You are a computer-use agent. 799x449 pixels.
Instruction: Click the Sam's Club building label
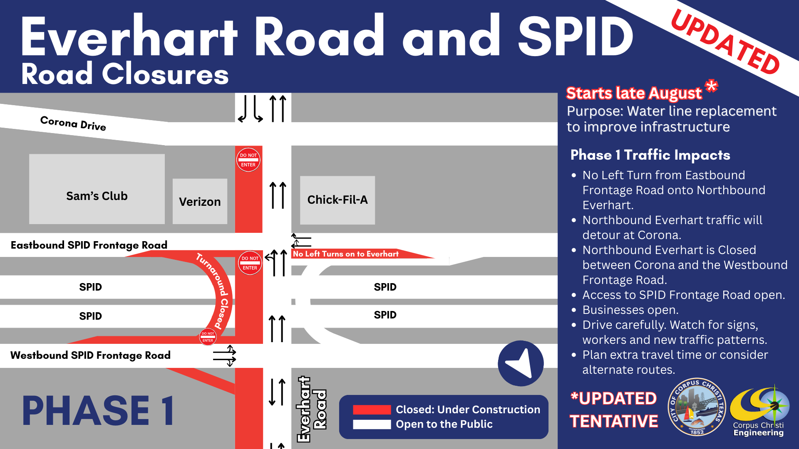pos(97,196)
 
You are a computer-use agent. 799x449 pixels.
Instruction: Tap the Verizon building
pos(200,202)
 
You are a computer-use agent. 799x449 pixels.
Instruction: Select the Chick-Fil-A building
pos(337,200)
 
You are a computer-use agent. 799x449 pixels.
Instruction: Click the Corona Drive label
pos(73,123)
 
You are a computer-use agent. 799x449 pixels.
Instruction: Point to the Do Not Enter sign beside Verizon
pos(248,160)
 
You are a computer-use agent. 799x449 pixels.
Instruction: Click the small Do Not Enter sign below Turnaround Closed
pos(208,337)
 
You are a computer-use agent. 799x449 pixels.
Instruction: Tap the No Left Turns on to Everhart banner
pos(345,254)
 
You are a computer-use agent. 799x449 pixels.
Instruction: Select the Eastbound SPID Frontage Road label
pos(89,245)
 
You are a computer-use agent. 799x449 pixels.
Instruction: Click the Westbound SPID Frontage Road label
pos(90,355)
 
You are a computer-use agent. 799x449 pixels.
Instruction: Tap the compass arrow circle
pos(521,363)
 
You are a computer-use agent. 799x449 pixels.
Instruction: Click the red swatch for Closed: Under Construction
pos(372,410)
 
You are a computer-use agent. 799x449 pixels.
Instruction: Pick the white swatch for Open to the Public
pos(372,424)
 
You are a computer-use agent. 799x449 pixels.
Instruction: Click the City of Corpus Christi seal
pos(697,407)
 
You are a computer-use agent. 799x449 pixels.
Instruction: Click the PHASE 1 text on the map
pos(98,411)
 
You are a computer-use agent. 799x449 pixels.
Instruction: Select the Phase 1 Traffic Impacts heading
pos(650,155)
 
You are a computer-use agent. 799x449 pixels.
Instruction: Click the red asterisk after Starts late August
pos(711,86)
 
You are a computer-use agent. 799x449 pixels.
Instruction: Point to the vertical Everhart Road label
pos(312,409)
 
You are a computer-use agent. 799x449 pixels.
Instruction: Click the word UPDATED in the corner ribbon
pos(725,42)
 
